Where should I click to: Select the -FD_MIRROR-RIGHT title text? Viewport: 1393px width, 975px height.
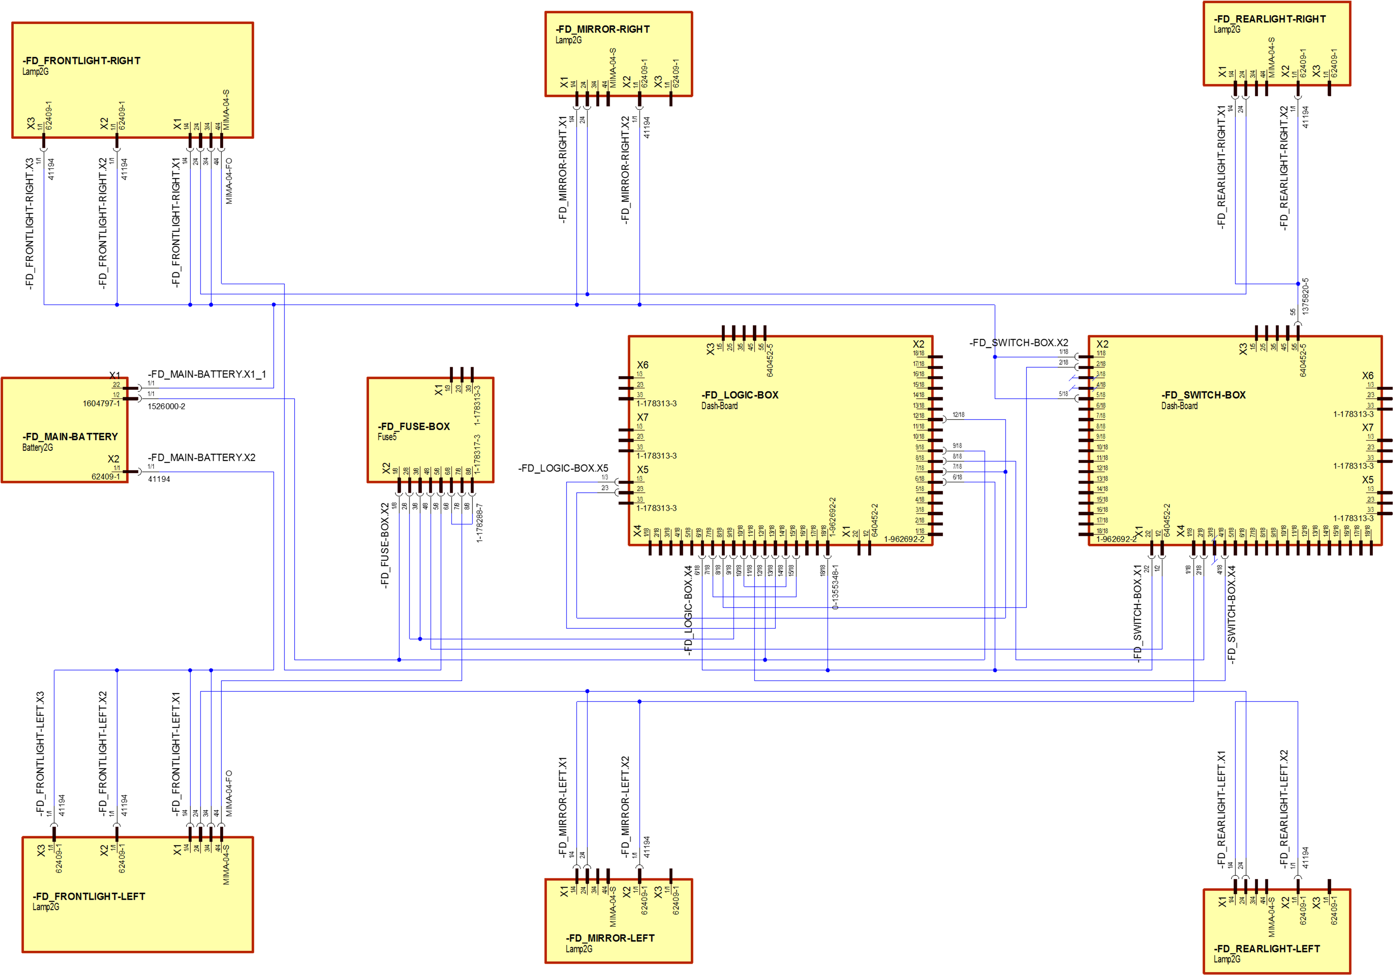[603, 29]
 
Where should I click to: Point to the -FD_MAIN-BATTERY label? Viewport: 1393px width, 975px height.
[70, 437]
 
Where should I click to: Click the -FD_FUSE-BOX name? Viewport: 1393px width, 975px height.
[414, 426]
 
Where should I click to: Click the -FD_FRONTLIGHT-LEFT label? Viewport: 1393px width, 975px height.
[89, 896]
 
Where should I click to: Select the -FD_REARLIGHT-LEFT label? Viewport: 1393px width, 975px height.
[1267, 948]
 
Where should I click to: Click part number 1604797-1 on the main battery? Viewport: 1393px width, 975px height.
[101, 403]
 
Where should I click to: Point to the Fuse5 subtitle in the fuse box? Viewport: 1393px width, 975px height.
[387, 437]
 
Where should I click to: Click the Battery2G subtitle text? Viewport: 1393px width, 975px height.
[38, 448]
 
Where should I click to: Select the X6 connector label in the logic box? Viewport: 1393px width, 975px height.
[642, 365]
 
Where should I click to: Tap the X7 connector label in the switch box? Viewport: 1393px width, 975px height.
[1367, 427]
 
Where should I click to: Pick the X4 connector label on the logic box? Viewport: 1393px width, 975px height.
[637, 531]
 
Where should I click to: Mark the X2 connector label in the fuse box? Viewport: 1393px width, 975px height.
[386, 468]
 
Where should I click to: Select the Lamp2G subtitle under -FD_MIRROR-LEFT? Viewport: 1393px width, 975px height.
[579, 949]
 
